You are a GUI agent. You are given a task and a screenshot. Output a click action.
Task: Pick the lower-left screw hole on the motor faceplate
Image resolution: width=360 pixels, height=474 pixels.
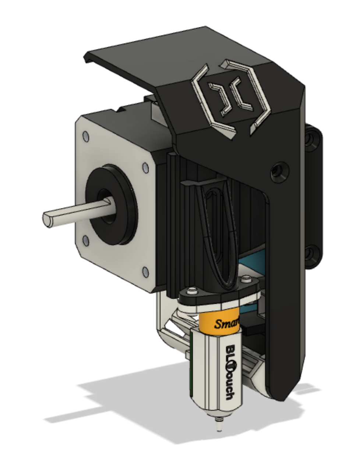[86, 241]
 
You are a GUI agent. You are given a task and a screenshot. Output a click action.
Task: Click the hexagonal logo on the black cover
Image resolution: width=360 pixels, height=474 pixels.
[228, 96]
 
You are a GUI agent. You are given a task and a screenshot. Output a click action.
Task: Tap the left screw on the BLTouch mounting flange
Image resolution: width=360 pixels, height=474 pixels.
[191, 291]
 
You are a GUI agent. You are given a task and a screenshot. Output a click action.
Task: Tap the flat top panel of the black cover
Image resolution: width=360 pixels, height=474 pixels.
[147, 55]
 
